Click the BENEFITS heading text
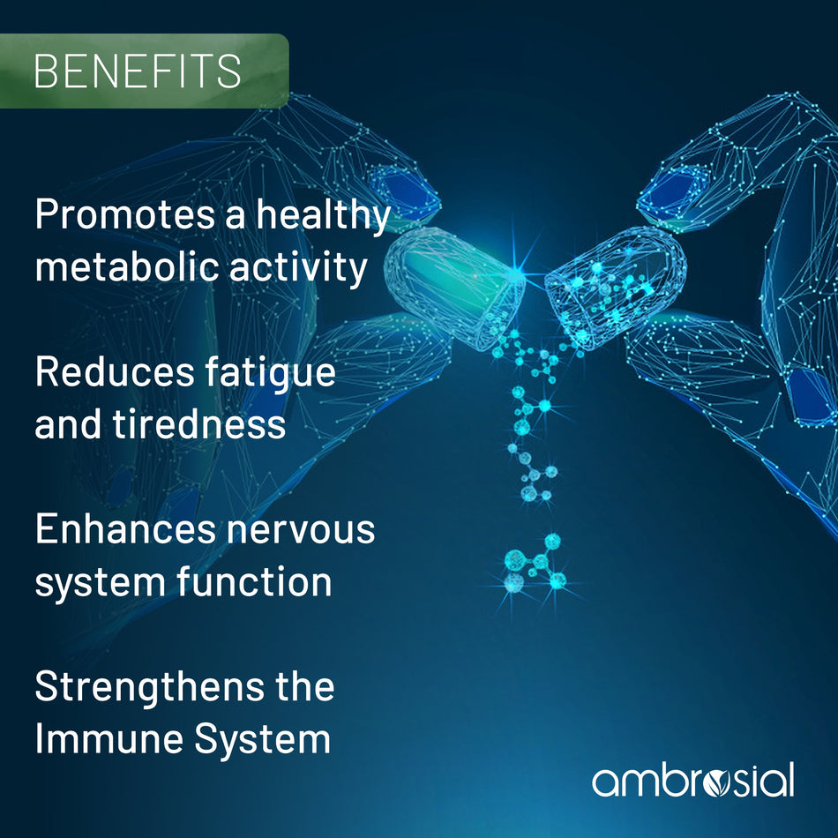pos(138,71)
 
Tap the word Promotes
pos(125,215)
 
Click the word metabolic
pos(127,266)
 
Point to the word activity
pos(298,267)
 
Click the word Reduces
pos(115,371)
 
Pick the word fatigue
pos(271,373)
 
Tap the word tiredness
pos(198,423)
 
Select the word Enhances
pos(125,529)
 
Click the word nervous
pos(301,529)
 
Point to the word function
pos(254,581)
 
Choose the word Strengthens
pos(149,688)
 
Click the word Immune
pos(109,738)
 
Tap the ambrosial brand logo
pos(692,781)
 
